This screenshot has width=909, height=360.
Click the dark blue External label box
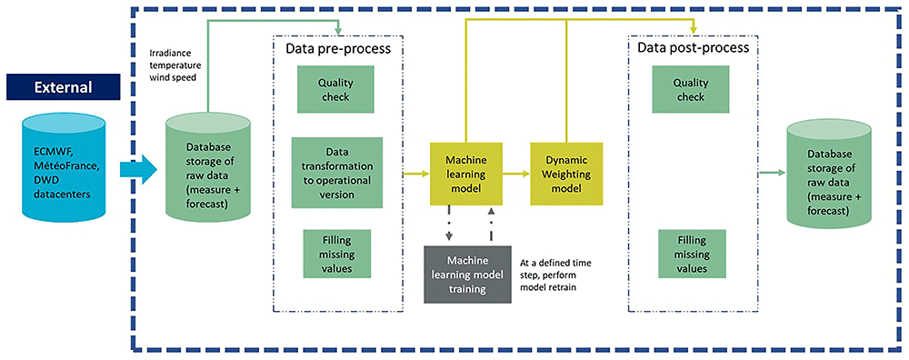pyautogui.click(x=63, y=88)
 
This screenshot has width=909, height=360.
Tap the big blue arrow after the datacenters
pyautogui.click(x=138, y=170)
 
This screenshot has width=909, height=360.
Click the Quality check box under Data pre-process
pyautogui.click(x=335, y=89)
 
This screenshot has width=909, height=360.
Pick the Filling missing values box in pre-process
pyautogui.click(x=336, y=254)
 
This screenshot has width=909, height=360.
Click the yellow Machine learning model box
pyautogui.click(x=464, y=173)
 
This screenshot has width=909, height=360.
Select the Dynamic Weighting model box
pyautogui.click(x=566, y=173)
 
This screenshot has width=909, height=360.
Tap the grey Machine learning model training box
pyautogui.click(x=467, y=275)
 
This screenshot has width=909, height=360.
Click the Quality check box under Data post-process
pyautogui.click(x=691, y=89)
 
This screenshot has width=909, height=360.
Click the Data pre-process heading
pyautogui.click(x=338, y=48)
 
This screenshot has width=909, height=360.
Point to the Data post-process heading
pyautogui.click(x=694, y=48)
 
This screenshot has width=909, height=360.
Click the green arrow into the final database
pyautogui.click(x=772, y=173)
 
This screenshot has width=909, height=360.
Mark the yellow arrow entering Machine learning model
pyautogui.click(x=415, y=173)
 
